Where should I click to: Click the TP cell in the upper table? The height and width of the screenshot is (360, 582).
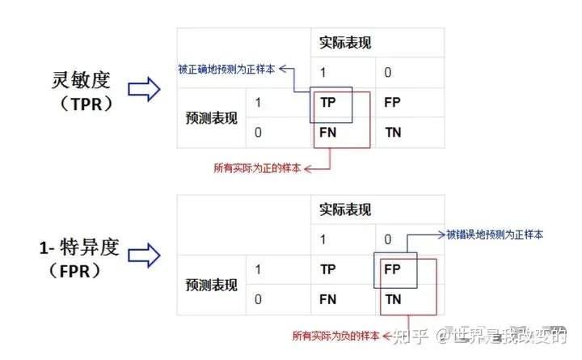coord(328,102)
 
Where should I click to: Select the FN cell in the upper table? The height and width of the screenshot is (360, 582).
coord(327,132)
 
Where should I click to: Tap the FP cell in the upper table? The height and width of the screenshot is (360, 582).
coord(392,102)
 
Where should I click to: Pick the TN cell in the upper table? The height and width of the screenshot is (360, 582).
coord(393,132)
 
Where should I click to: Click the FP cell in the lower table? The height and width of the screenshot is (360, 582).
coord(392,269)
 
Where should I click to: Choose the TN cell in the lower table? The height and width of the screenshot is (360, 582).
coord(393,299)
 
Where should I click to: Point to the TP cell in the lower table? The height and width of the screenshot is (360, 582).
coord(328,269)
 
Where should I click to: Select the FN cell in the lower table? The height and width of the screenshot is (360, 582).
coord(327,299)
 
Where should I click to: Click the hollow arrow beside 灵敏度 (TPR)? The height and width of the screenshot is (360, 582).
coord(144,89)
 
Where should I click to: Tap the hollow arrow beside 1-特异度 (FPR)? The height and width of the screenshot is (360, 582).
coord(144,255)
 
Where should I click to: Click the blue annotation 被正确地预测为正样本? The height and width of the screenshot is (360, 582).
coord(226,69)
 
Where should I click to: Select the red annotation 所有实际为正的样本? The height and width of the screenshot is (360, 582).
coord(257,168)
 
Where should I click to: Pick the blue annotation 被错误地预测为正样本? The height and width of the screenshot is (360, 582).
coord(495,235)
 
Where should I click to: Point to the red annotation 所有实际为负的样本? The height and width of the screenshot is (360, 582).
coord(336,336)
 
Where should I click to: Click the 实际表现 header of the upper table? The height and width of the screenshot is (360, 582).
coord(345,42)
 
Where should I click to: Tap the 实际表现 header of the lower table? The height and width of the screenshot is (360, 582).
coord(345,210)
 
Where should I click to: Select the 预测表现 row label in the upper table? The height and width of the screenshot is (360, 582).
coord(211,118)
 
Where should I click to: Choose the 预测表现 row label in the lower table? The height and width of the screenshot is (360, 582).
coord(211,285)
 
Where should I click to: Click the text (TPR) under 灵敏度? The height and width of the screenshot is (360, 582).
coord(86,104)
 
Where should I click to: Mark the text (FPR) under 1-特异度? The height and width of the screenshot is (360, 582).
coord(74,271)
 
